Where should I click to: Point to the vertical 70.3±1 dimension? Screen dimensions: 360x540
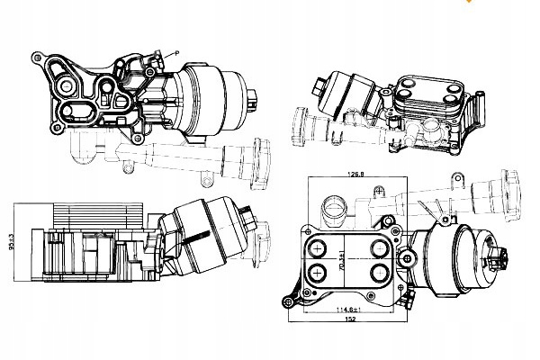(x=341, y=261)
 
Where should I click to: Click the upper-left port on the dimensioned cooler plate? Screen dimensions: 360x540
(x=318, y=247)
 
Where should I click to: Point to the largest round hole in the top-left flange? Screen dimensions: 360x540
(x=67, y=87)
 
